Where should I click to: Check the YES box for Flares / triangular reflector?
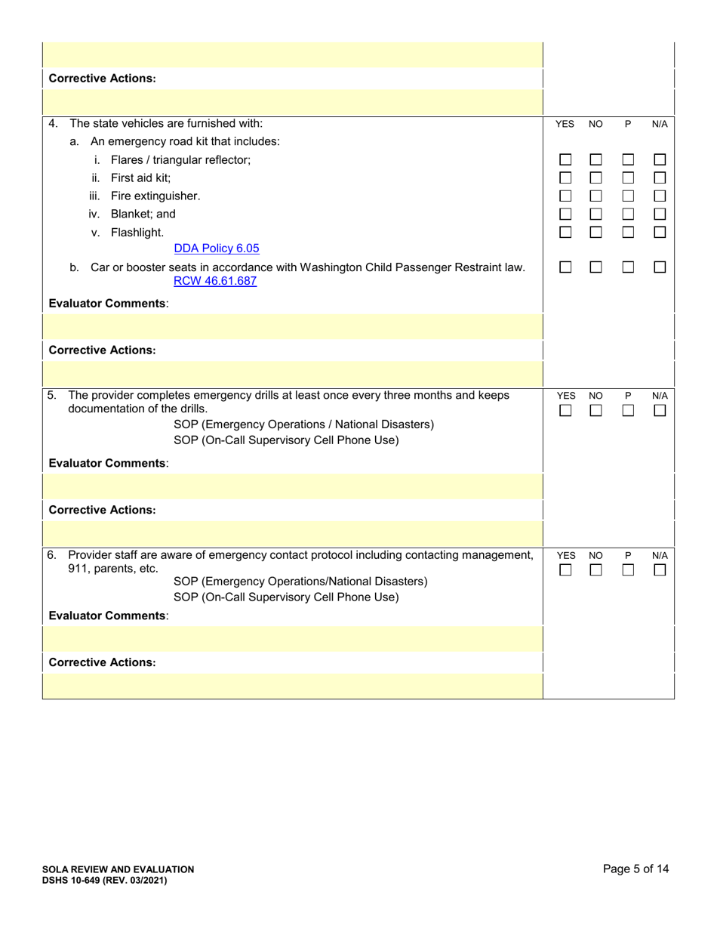pyautogui.click(x=565, y=160)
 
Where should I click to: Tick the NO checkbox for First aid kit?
pyautogui.click(x=596, y=178)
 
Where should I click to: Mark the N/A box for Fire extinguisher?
pyautogui.click(x=660, y=196)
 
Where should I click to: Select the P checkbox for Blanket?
pyautogui.click(x=628, y=215)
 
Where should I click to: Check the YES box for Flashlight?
pyautogui.click(x=565, y=233)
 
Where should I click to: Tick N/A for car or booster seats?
pyautogui.click(x=660, y=267)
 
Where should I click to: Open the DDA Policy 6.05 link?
pyautogui.click(x=217, y=248)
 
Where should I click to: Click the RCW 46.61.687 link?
pyautogui.click(x=215, y=281)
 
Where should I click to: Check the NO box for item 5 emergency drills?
pyautogui.click(x=596, y=411)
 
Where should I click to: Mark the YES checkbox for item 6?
pyautogui.click(x=565, y=571)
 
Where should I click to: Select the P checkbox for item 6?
pyautogui.click(x=628, y=571)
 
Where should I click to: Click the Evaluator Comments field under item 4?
pyautogui.click(x=293, y=327)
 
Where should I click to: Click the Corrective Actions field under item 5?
pyautogui.click(x=293, y=532)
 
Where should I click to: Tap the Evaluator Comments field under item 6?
pyautogui.click(x=293, y=639)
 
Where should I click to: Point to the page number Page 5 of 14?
pyautogui.click(x=635, y=869)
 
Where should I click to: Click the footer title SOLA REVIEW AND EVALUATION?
pyautogui.click(x=122, y=869)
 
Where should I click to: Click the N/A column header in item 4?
pyautogui.click(x=660, y=124)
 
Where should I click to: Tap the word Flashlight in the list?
pyautogui.click(x=137, y=233)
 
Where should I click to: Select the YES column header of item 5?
pyautogui.click(x=565, y=396)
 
